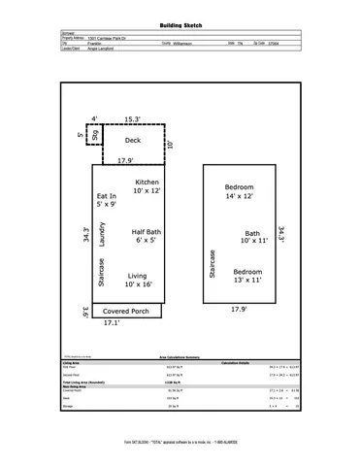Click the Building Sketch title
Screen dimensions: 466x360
pos(180,21)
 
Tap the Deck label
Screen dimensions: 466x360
pos(133,141)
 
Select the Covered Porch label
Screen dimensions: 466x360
pos(126,312)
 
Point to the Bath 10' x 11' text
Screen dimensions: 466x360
pos(252,239)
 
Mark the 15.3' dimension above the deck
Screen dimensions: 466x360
pos(133,119)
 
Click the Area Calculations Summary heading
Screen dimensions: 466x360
pos(180,357)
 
